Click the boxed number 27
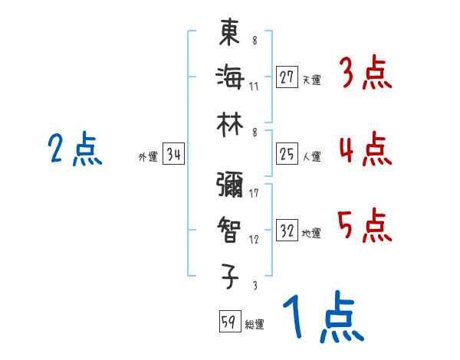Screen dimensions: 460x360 (x=286, y=76)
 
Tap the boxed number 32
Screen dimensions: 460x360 (x=286, y=231)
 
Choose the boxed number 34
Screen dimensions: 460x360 (x=173, y=155)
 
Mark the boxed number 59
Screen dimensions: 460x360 (x=228, y=322)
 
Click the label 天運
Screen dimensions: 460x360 (x=311, y=79)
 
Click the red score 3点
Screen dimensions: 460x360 (x=365, y=74)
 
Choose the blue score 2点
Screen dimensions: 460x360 (x=76, y=149)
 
